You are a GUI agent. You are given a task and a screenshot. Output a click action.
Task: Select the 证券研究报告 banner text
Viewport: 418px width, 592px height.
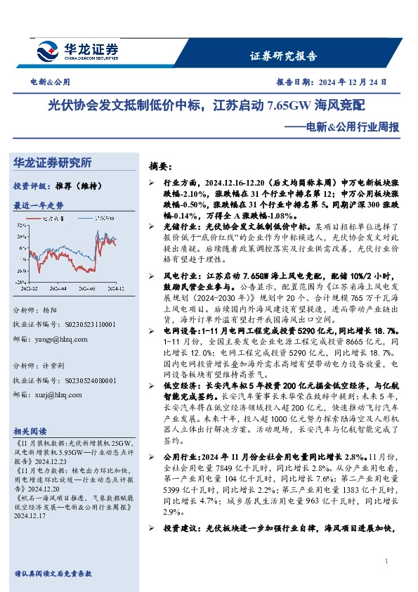click(x=283, y=56)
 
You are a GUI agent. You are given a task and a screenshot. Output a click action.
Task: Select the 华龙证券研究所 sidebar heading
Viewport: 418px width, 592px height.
click(x=52, y=163)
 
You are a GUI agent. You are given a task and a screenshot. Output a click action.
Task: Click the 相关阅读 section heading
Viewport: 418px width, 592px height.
click(x=30, y=430)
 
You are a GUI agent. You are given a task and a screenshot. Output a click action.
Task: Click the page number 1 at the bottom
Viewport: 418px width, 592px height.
click(x=387, y=560)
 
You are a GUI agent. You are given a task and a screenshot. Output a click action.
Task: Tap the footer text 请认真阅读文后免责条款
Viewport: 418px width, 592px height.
click(x=53, y=574)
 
